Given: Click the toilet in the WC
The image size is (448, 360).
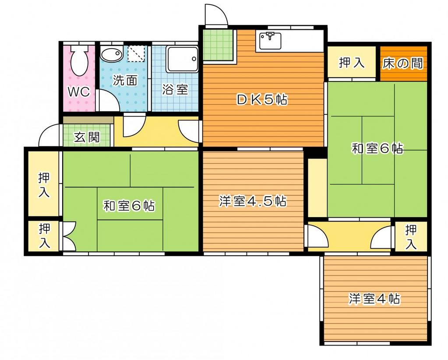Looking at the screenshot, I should pyautogui.click(x=79, y=61).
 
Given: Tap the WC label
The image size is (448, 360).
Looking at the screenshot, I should pyautogui.click(x=79, y=92).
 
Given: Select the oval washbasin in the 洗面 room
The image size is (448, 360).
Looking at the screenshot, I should pyautogui.click(x=111, y=55).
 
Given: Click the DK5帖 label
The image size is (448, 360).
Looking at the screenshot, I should pyautogui.click(x=262, y=100).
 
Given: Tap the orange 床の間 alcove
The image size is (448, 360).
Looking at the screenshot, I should pyautogui.click(x=403, y=64).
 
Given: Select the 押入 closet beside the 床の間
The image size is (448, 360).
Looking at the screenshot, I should pyautogui.click(x=352, y=63).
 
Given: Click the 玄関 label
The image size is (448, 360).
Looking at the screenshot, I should pyautogui.click(x=86, y=138).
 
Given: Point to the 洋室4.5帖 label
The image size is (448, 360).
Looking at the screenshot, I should pyautogui.click(x=253, y=201).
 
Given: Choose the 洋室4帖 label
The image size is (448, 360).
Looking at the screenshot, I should pyautogui.click(x=374, y=299).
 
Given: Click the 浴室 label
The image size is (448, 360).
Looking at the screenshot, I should pyautogui.click(x=175, y=90).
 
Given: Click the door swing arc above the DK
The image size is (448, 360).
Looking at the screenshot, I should pyautogui.click(x=216, y=15).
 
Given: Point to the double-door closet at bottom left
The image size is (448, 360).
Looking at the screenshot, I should pyautogui.click(x=44, y=236).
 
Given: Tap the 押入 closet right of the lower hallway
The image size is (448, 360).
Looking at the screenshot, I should pyautogui.click(x=410, y=236).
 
